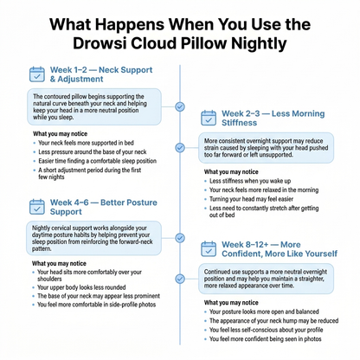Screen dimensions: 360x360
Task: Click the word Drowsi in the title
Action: (x=100, y=43)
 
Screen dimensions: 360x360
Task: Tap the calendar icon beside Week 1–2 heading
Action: (x=37, y=74)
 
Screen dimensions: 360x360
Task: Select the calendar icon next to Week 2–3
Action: (x=209, y=118)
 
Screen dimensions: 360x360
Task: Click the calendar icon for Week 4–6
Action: (x=37, y=207)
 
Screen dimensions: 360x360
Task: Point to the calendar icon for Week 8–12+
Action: (x=209, y=249)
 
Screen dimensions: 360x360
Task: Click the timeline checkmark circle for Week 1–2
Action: (x=180, y=106)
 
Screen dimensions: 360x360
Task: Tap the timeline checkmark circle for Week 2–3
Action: (x=180, y=148)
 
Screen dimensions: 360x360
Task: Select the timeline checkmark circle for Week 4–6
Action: (x=180, y=238)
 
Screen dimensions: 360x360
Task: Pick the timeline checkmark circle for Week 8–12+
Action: (x=180, y=279)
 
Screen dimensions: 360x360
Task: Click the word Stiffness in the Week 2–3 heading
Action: (x=239, y=123)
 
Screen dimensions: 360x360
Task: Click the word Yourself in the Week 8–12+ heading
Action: (x=321, y=254)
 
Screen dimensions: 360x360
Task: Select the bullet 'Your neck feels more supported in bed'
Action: (x=86, y=143)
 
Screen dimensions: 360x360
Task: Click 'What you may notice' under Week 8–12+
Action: (x=231, y=303)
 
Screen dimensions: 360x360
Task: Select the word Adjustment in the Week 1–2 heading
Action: (x=80, y=79)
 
